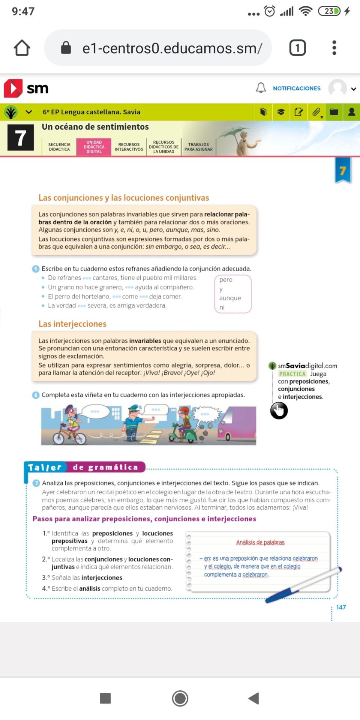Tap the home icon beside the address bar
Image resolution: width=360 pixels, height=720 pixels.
point(22,48)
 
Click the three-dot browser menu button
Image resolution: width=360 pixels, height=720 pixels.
point(334,48)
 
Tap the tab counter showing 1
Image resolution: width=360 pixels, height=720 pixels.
point(297,48)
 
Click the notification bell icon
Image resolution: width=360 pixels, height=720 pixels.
point(261,88)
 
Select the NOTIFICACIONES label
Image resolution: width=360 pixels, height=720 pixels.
point(297,88)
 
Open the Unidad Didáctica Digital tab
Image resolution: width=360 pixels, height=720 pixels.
point(94,147)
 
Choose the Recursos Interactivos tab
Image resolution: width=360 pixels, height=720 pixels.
point(129,147)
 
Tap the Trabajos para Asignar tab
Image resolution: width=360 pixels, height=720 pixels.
point(198,147)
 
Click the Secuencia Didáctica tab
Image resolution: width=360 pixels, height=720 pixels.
point(59,147)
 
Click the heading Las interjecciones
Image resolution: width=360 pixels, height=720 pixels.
point(72,324)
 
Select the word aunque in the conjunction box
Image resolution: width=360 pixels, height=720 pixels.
point(230,298)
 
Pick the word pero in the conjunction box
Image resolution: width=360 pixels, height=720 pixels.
point(226,280)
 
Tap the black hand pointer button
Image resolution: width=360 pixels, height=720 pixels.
point(279,411)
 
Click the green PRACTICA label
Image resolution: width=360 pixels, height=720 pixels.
point(292,374)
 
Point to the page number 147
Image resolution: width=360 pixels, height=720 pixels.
point(341,607)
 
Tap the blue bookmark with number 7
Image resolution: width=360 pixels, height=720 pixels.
point(343,171)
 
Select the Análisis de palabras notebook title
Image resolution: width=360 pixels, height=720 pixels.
point(260,542)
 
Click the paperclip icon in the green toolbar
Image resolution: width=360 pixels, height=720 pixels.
point(316,112)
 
